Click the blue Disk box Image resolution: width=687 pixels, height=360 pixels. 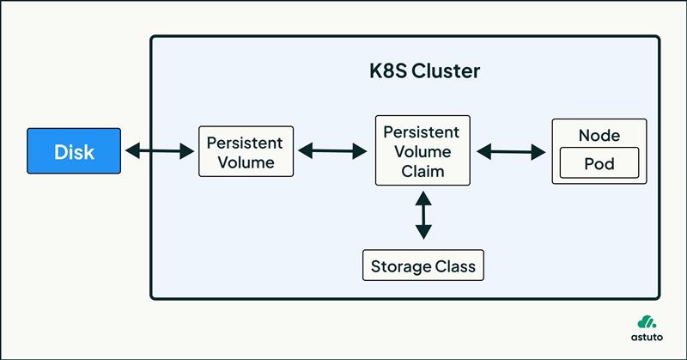74,151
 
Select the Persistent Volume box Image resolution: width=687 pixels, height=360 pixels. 246,151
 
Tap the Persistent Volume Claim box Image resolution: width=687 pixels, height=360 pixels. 423,150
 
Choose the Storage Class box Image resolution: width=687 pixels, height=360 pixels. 423,265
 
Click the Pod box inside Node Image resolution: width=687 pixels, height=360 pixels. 599,163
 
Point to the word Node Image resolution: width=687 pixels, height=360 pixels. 599,136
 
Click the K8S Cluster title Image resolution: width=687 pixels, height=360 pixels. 424,71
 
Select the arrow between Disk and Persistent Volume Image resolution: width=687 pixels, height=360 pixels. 160,151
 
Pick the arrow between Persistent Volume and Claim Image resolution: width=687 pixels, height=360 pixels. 332,151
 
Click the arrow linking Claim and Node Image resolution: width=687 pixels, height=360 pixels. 511,152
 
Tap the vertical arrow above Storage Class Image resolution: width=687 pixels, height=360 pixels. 423,216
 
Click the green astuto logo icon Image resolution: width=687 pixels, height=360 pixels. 647,322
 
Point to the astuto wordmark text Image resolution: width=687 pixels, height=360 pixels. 647,337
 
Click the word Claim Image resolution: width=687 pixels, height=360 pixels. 423,171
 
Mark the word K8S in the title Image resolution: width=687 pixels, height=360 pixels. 388,71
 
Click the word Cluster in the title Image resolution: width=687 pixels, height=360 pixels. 446,71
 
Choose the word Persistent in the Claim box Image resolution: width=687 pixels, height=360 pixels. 422,132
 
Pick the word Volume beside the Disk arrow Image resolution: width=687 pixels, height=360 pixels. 246,162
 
